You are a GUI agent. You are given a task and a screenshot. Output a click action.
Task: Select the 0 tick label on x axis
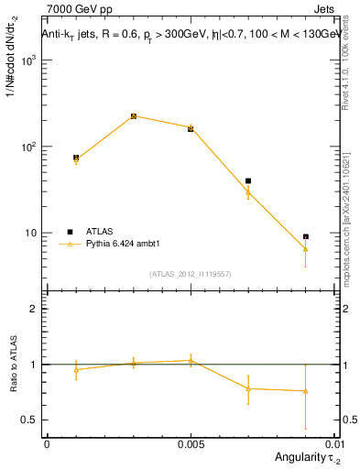(46, 443)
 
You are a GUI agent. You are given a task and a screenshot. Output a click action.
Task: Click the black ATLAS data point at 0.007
(248, 180)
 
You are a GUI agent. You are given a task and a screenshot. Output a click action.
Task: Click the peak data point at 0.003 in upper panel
(134, 116)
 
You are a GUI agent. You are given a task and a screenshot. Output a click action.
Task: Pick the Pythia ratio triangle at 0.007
(248, 388)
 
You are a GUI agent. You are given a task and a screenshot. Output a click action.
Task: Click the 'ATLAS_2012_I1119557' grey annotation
(190, 274)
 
